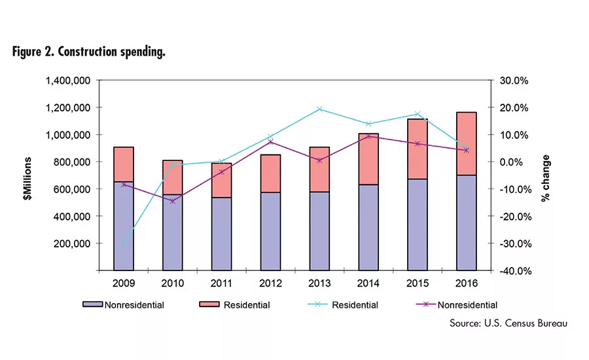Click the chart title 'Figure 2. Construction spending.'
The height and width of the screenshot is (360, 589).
pyautogui.click(x=88, y=52)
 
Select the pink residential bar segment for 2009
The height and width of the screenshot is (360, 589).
pyautogui.click(x=123, y=164)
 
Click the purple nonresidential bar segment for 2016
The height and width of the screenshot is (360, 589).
pyautogui.click(x=467, y=223)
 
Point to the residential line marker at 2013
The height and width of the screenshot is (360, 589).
pyautogui.click(x=320, y=109)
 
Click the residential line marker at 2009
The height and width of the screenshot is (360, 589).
pyautogui.click(x=124, y=244)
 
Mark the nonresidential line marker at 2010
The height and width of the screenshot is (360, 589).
pyautogui.click(x=173, y=201)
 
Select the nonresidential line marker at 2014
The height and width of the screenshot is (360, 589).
pyautogui.click(x=369, y=136)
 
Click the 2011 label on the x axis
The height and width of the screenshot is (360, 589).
pyautogui.click(x=221, y=284)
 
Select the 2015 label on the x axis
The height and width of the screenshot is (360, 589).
pyautogui.click(x=418, y=284)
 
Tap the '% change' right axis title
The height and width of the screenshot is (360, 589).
pyautogui.click(x=546, y=177)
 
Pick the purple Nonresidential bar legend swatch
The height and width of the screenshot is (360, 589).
pyautogui.click(x=92, y=305)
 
